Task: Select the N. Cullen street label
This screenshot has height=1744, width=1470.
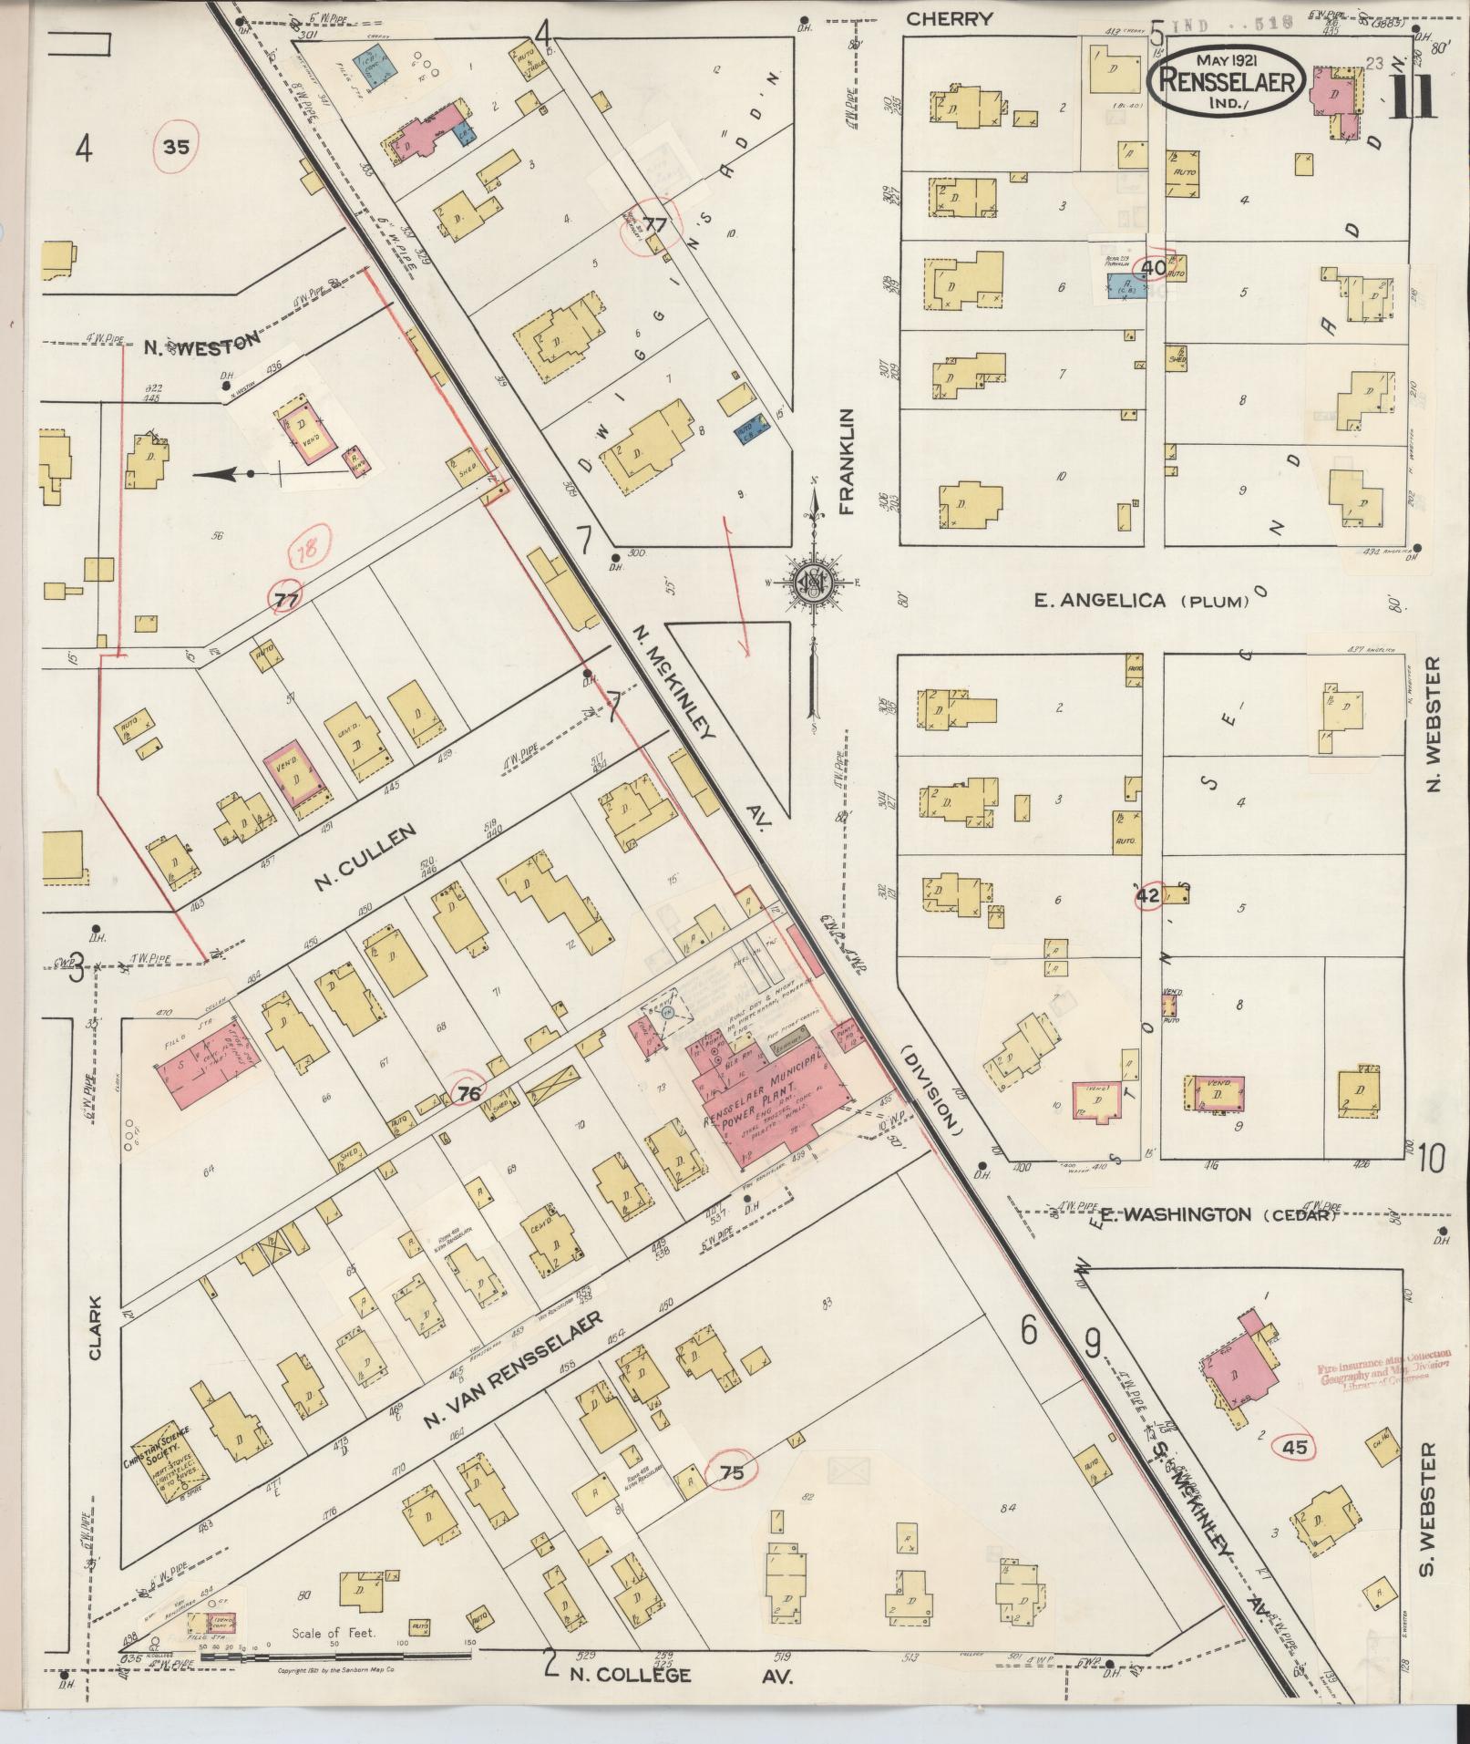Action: [x=365, y=857]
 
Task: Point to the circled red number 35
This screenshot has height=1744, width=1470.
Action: [x=177, y=146]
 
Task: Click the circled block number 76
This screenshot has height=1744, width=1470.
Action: [x=468, y=1093]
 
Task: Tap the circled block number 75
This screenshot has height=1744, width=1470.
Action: [x=732, y=1472]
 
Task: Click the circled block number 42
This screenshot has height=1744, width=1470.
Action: [x=1147, y=896]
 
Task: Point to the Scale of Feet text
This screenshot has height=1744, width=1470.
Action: [x=335, y=1633]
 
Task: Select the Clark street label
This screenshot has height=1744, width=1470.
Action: [x=95, y=1330]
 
